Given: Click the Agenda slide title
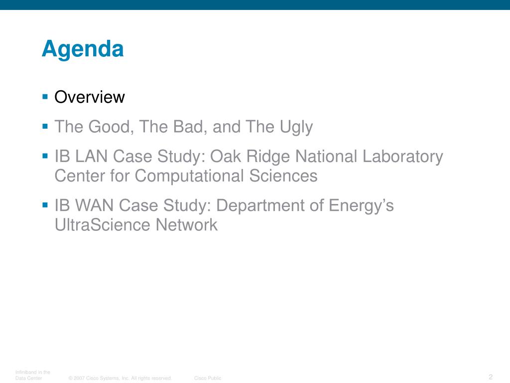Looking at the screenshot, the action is coord(83,49).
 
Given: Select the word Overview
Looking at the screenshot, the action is coord(90,97).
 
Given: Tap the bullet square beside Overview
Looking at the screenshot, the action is coord(45,96).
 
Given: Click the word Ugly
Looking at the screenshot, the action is coord(296,127).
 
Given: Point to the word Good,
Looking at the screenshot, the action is coord(111,127).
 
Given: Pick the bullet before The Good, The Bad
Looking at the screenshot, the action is coord(45,126).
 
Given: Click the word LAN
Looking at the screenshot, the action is coord(91,156).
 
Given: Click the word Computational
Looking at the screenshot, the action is coord(189,177).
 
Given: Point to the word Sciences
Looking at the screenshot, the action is coord(283,176).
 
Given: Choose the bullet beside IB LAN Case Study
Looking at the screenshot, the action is coord(45,156).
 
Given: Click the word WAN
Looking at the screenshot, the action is coord(94,205).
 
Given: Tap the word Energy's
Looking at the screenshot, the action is coord(361,206).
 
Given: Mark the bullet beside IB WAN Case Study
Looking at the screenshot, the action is coord(45,205).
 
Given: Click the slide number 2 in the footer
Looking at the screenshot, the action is coord(491,377).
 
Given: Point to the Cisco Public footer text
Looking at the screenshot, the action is coord(208,378).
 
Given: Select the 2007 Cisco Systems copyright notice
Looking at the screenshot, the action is coord(120,378).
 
